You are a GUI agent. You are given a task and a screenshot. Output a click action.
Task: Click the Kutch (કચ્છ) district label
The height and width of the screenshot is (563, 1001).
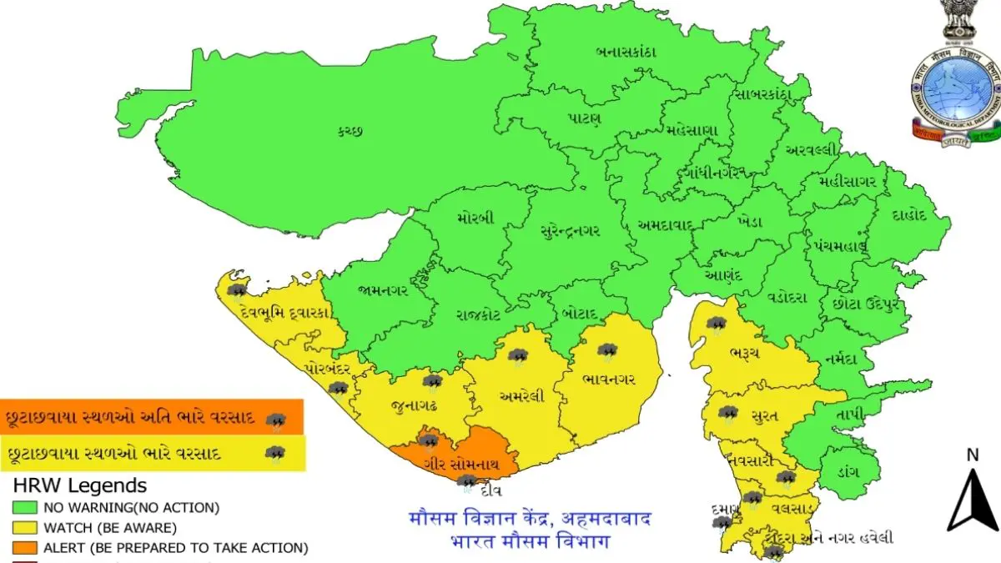(354, 130)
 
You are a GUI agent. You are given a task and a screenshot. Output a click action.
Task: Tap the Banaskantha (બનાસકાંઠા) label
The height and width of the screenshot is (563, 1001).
(626, 52)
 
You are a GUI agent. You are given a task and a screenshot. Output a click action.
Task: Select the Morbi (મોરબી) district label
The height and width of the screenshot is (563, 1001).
(475, 219)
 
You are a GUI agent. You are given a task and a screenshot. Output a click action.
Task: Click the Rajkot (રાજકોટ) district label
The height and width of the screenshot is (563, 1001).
(478, 314)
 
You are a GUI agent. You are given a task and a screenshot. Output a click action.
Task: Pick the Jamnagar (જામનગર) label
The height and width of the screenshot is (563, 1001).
(383, 291)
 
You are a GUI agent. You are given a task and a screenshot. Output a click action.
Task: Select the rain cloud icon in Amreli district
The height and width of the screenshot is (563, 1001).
(518, 357)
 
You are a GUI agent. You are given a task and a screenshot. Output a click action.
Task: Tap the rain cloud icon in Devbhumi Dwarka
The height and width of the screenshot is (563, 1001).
(238, 291)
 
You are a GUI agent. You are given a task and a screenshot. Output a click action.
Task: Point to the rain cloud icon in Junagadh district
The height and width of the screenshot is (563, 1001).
(431, 382)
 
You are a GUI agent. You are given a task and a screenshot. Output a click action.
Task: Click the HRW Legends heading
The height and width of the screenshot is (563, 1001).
(79, 485)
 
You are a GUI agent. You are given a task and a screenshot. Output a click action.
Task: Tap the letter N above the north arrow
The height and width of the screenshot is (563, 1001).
(972, 455)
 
